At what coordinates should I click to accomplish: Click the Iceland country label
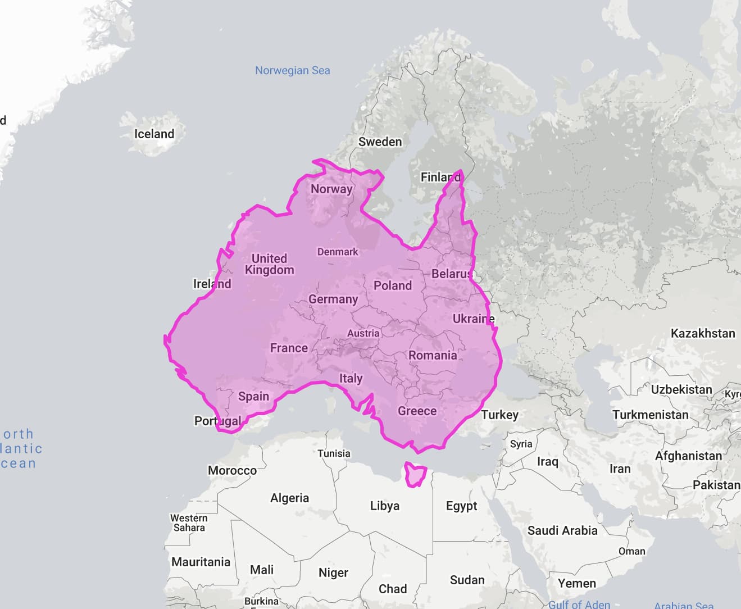(x=154, y=134)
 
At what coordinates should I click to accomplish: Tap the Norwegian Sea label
(x=292, y=70)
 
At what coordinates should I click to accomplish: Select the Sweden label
(x=380, y=142)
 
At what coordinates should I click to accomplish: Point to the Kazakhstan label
(x=702, y=333)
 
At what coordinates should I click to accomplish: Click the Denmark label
(x=337, y=252)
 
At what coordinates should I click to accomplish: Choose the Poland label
(x=392, y=285)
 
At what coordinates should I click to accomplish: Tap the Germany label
(x=333, y=299)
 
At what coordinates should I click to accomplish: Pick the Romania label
(x=432, y=355)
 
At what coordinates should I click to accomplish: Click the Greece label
(x=417, y=411)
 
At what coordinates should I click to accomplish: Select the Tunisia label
(x=334, y=453)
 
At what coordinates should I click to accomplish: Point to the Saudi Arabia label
(x=562, y=530)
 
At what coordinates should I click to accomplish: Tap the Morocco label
(x=232, y=470)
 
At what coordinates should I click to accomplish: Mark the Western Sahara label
(x=189, y=522)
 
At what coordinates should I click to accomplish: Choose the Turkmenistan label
(x=650, y=415)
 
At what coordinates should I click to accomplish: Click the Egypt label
(x=461, y=506)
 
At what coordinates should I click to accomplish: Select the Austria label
(x=363, y=333)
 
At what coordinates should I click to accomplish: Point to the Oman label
(x=631, y=551)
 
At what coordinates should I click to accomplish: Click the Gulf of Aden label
(x=579, y=605)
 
